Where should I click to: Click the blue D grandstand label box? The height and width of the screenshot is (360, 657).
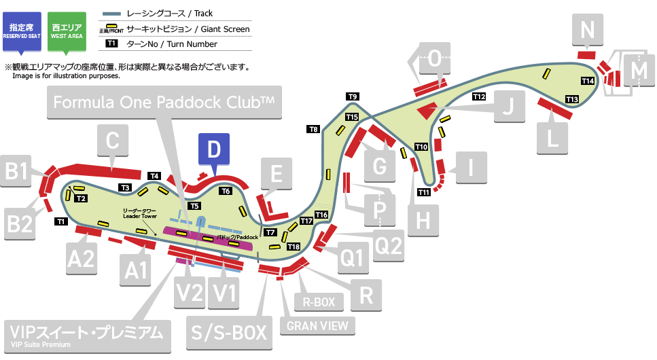214,150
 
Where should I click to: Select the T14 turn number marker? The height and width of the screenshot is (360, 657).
588,81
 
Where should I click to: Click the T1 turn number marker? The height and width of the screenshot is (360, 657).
60,221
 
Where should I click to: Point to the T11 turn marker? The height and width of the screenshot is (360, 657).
424,192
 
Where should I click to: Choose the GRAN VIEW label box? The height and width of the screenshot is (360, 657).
317,325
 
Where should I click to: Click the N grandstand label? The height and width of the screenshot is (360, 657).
588,30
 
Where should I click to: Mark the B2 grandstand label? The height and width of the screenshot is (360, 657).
20,223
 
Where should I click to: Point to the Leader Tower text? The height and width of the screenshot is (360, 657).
140,213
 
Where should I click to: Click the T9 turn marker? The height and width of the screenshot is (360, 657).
352,96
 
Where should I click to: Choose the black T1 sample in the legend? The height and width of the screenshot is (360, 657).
111,44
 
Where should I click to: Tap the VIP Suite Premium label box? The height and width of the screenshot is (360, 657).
86,335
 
